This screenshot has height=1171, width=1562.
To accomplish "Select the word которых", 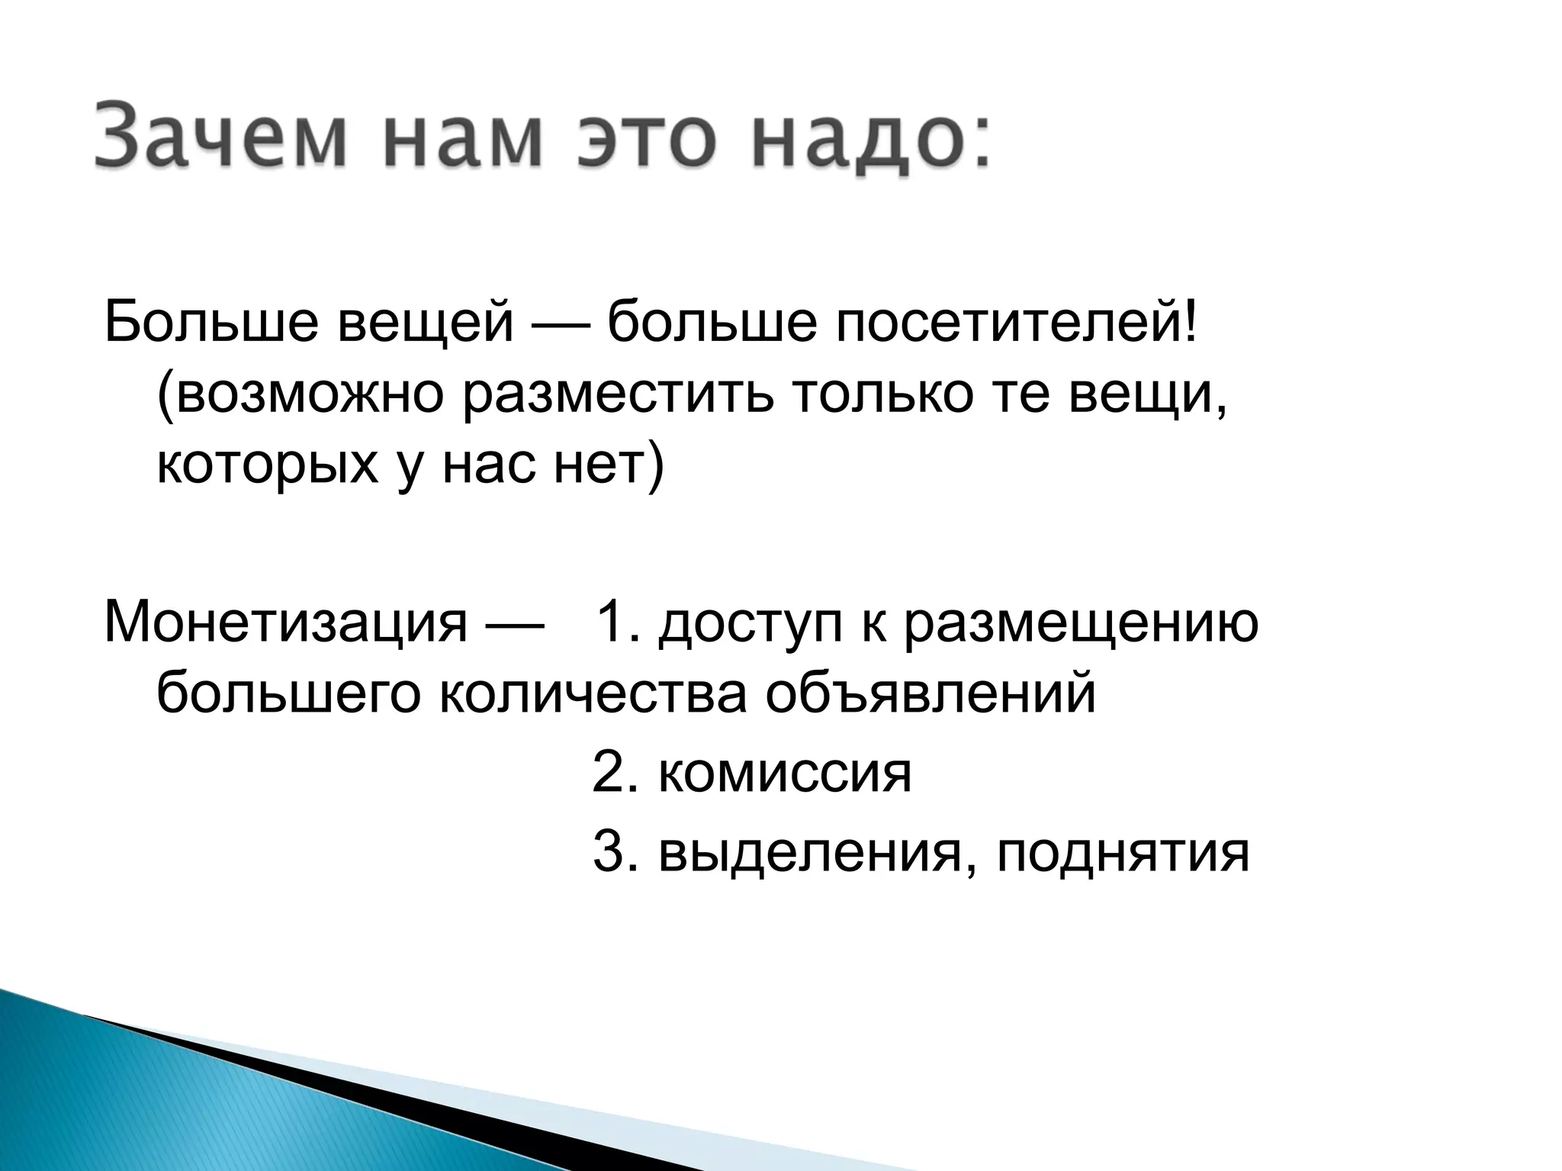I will tap(267, 465).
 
